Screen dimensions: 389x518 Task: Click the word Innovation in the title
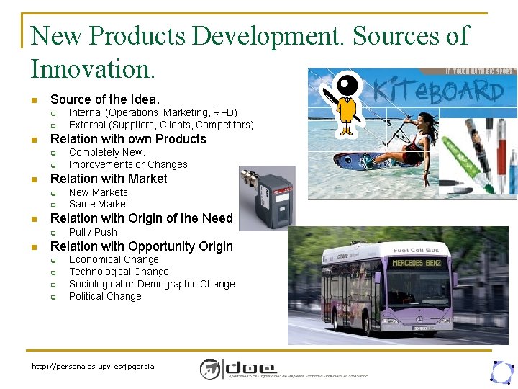91,68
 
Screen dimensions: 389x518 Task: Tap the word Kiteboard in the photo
438,91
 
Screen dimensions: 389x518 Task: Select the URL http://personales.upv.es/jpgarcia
93,367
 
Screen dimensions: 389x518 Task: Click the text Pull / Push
93,232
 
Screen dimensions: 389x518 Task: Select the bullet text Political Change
105,296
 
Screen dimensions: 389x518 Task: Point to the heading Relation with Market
109,179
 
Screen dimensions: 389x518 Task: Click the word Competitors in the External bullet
224,125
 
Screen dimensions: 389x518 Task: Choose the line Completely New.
106,152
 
